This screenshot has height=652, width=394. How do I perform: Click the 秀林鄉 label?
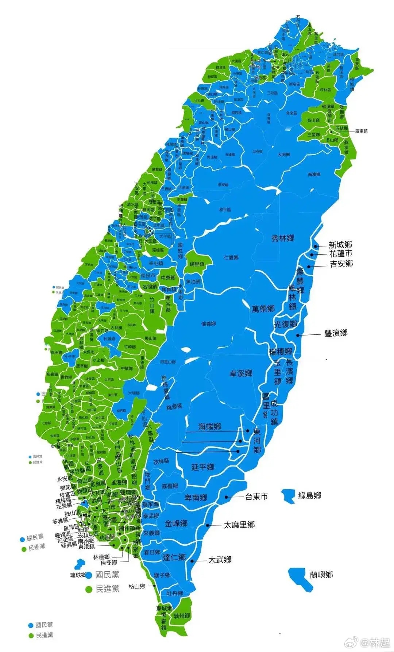point(283,238)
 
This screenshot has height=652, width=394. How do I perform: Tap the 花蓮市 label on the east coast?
point(341,254)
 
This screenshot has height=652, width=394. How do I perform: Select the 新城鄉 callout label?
point(340,245)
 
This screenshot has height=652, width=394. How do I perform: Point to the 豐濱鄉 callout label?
point(336,333)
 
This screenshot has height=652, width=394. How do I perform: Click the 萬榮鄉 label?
point(263,309)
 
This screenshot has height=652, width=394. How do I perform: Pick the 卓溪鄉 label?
point(241,373)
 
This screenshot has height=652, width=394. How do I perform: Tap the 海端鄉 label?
point(210,426)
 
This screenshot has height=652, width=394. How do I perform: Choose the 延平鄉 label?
point(203,467)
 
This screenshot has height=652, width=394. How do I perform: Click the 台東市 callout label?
point(256,496)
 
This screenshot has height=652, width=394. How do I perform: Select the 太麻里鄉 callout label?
point(239,525)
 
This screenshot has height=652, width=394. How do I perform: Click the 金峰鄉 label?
point(176,523)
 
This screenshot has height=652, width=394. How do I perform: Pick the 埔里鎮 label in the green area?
point(197,264)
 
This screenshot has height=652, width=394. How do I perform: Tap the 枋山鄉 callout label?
point(137,586)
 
